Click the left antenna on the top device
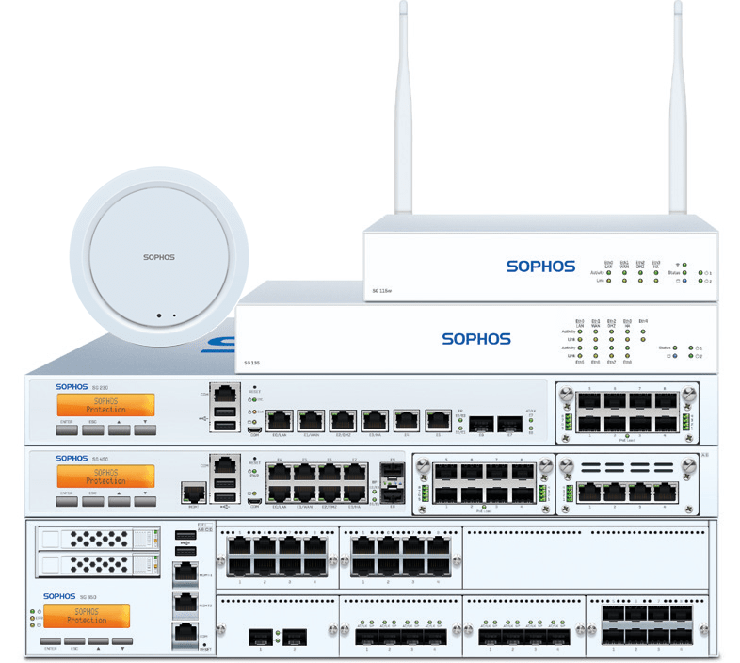point(403,113)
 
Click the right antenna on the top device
point(678,113)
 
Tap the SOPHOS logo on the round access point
point(159,256)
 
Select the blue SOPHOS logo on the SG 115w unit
point(540,267)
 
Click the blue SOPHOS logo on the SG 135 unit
point(476,339)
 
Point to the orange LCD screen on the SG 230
point(105,405)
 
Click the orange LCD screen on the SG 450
point(105,477)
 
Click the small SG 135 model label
point(251,362)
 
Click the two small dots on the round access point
point(166,315)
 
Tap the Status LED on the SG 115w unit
point(684,273)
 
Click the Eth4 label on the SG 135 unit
point(643,321)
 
